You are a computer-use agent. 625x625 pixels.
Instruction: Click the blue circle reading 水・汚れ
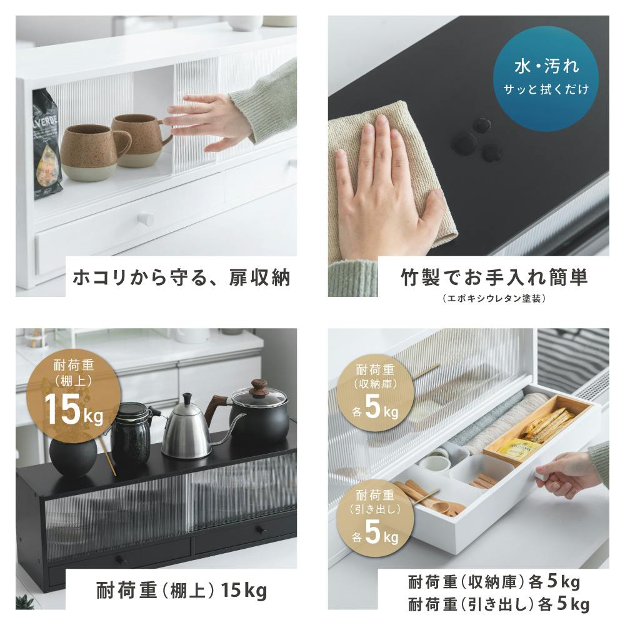click(545, 79)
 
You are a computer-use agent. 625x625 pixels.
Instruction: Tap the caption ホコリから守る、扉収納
click(181, 277)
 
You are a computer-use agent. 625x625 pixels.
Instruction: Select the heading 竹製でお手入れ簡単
click(494, 277)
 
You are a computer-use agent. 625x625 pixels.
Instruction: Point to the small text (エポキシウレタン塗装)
click(494, 298)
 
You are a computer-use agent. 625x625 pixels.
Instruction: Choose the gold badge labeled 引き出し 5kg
click(374, 518)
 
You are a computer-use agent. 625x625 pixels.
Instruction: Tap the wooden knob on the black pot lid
click(259, 386)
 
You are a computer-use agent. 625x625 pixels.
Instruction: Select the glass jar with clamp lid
click(131, 434)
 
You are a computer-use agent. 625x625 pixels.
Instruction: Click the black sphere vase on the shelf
click(73, 456)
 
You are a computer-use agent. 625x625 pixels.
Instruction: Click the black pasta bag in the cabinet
click(46, 144)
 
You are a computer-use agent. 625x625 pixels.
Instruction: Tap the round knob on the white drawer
click(146, 219)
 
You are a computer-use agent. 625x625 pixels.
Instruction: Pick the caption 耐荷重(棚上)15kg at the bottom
click(182, 590)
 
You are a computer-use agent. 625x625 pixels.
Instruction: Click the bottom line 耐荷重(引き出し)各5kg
click(498, 604)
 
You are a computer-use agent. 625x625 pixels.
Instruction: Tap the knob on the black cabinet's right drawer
click(261, 530)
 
